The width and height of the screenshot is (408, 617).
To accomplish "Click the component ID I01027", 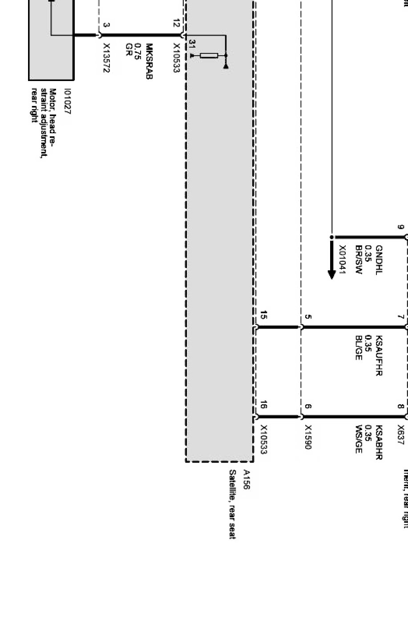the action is point(67,102).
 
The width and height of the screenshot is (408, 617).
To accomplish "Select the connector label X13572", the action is point(107,58).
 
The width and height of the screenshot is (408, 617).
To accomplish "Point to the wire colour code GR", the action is point(129,48).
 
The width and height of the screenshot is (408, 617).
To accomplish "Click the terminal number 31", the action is point(192,44).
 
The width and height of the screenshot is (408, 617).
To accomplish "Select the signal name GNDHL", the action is point(379,260).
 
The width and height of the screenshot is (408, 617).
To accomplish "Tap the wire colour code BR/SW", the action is point(360,260).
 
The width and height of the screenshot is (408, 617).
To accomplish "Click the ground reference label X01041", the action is point(342,260).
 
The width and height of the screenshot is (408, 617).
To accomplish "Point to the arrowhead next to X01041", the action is point(331,272).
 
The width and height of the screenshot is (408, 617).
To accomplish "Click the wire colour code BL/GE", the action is point(360,348).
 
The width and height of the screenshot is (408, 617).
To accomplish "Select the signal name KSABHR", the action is point(379,442).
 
